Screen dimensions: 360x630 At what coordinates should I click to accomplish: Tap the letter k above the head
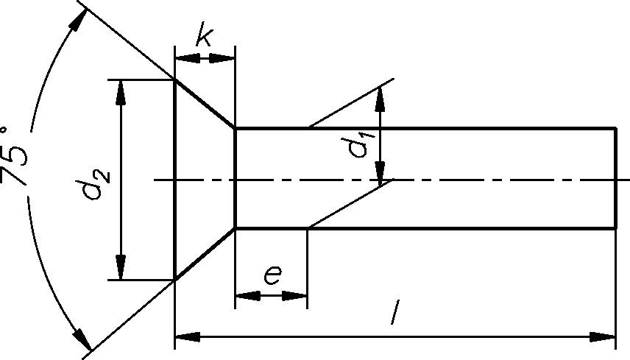pos(204,37)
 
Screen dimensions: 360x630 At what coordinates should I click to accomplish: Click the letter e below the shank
pos(272,275)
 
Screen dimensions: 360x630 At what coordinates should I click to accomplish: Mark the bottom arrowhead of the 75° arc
pos(82,339)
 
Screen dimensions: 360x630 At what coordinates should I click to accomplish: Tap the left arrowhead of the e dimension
pos(245,296)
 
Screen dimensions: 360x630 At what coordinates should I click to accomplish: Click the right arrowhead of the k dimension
pos(224,57)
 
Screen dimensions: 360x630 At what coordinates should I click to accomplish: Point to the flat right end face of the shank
pos(615,178)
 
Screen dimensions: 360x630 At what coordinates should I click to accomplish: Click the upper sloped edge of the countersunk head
pos(205,104)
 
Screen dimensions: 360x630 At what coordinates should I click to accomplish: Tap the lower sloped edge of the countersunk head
pos(205,255)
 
